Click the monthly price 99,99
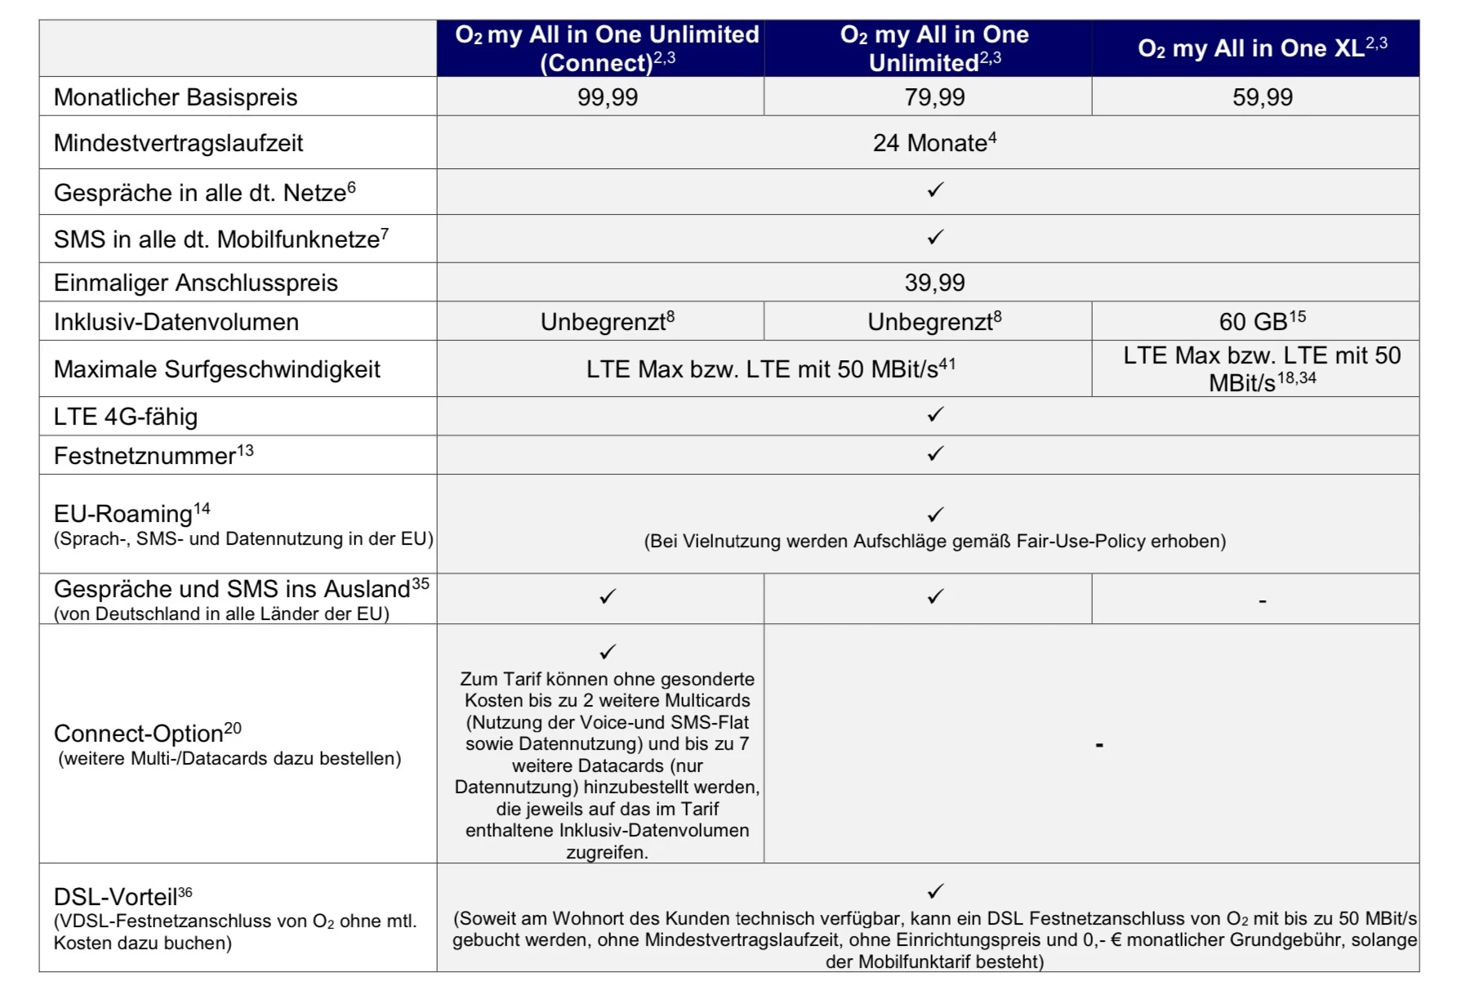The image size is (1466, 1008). [x=607, y=97]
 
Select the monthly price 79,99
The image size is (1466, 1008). [x=934, y=97]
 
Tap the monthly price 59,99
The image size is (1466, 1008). [x=1262, y=97]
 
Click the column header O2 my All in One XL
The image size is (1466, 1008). [x=1262, y=48]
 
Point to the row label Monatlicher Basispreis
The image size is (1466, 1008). [x=176, y=97]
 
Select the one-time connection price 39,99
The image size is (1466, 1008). [x=934, y=283]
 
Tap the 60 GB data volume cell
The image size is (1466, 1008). [x=1262, y=321]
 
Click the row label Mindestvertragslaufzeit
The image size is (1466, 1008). [x=178, y=143]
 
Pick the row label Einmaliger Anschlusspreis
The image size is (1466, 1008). [x=196, y=283]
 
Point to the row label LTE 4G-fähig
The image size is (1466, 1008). [x=126, y=417]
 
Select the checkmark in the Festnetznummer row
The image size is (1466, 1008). [x=935, y=453]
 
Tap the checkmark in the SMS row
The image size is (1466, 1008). [x=935, y=237]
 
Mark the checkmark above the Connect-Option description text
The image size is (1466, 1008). [x=607, y=652]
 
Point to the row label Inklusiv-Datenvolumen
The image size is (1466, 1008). [x=176, y=322]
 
